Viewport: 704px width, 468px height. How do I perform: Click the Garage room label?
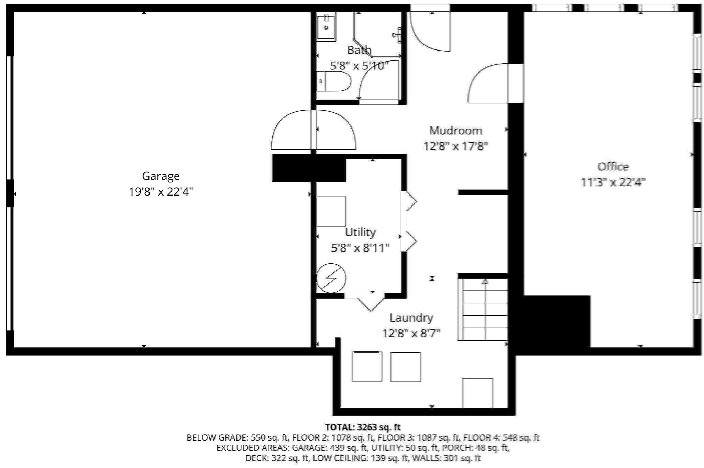click(161, 176)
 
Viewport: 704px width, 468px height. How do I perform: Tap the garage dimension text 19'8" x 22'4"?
click(161, 191)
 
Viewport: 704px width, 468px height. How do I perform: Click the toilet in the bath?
click(333, 81)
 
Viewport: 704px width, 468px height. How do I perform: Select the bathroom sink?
click(326, 26)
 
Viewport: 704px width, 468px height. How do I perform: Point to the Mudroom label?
click(455, 131)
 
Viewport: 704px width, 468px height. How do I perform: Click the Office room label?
click(613, 167)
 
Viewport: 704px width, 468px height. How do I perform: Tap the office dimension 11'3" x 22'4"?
click(613, 182)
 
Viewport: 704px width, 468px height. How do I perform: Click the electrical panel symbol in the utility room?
click(331, 278)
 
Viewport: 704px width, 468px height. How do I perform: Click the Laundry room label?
click(411, 318)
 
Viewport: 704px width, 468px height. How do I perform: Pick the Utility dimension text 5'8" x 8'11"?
click(360, 248)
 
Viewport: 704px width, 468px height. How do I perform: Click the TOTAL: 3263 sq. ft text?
click(363, 427)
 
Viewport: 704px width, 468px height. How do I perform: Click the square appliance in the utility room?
click(331, 211)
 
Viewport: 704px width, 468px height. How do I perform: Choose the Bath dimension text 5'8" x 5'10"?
click(359, 65)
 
